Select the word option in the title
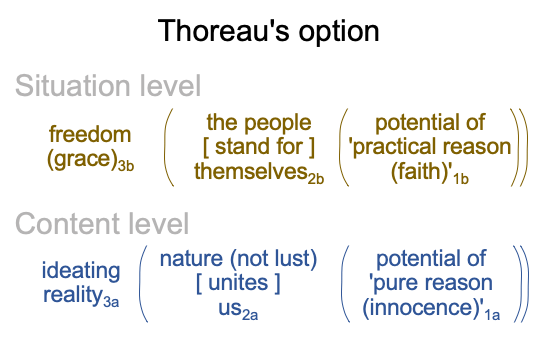pos(339,33)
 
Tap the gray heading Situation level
pos(108,86)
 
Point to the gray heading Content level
pos(102,224)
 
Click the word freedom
pos(90,134)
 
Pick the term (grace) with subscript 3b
pos(90,160)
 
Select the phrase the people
pos(259,123)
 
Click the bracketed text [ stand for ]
pos(259,147)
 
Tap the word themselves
pos(251,171)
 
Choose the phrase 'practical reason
pos(429,147)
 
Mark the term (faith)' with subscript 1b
pos(429,173)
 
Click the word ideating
pos(81,271)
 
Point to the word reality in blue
pos(72,296)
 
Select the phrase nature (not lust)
pos(238,259)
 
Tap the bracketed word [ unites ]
pos(238,283)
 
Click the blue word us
pos(230,308)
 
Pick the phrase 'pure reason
pos(430,284)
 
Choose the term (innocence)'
pos(423,308)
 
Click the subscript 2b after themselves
pos(316,179)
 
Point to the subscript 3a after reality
pos(111,302)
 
